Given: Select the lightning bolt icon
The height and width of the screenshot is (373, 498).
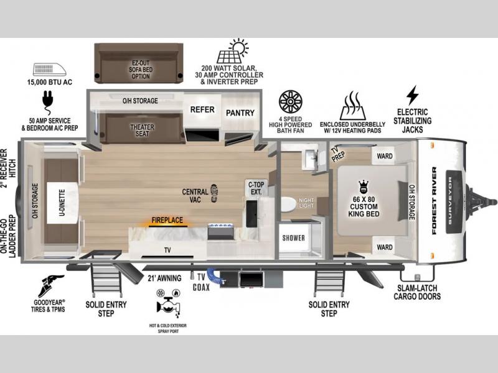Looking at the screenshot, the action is pos(412,95).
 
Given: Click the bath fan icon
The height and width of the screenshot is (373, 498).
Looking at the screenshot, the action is pos(290,102).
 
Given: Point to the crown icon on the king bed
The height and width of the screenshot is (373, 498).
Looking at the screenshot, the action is pos(364,186).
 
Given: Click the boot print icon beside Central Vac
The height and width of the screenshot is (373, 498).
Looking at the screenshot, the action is pos(214,193).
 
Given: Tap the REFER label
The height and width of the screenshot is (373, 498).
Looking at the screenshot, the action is pos(202,110).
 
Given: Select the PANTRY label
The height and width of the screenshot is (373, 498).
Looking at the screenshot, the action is pos(240,113).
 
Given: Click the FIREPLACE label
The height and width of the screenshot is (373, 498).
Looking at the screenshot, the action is pos(167,220).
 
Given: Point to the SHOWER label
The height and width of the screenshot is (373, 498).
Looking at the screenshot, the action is pos(293,238).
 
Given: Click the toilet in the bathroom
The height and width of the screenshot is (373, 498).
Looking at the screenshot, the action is pos(288,204).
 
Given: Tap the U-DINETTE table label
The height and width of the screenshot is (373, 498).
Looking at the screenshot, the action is pos(62,203).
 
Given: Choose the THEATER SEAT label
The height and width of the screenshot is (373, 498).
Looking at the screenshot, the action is pos(142,131).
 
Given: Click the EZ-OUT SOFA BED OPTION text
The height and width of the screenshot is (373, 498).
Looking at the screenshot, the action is pos(141,70).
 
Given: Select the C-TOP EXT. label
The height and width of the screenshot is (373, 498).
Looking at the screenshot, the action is pos(256,188).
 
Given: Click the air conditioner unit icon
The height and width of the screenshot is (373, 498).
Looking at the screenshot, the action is pos(50,70).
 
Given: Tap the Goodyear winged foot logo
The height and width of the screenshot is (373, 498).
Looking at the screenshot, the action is pos(50,286).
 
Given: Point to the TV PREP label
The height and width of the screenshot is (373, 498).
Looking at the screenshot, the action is pos(337,154).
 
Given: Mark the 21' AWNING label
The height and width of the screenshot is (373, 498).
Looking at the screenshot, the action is pos(164,278).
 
